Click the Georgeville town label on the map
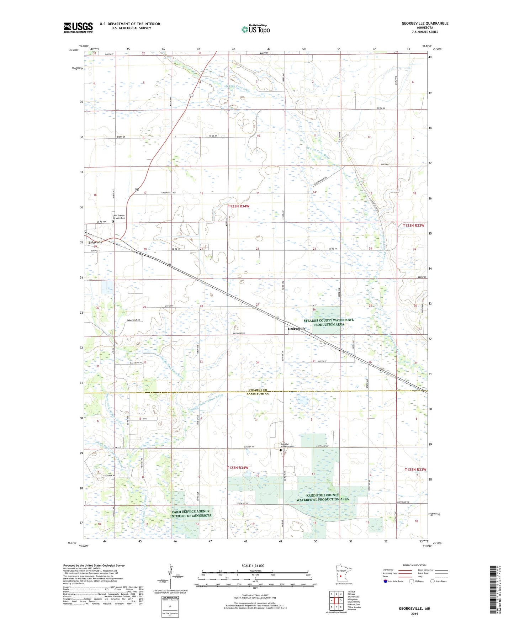coord(296,329)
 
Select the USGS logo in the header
coord(78,27)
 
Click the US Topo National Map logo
coord(255,29)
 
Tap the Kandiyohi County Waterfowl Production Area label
coord(323,497)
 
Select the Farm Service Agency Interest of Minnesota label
coord(191,514)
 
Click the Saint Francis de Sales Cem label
coord(119,217)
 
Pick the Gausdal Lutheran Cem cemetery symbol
coord(281,450)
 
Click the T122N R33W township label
coord(415,470)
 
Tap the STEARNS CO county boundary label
coord(258,390)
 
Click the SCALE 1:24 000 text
coord(253,566)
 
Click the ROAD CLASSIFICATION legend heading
coord(414,565)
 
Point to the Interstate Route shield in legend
coord(386,581)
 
